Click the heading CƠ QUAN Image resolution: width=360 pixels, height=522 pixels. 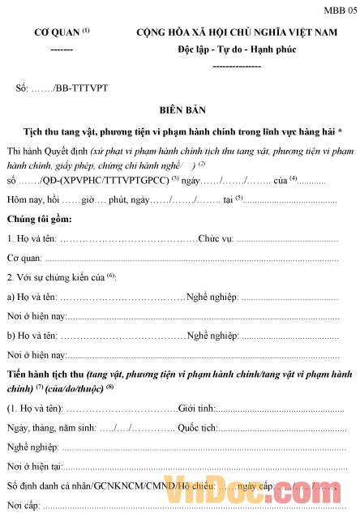56,33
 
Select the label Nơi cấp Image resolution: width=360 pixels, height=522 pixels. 23,506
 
